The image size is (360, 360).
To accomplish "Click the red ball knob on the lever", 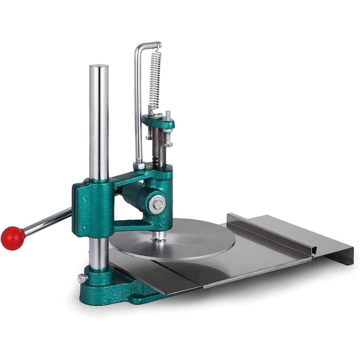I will (x=12, y=238).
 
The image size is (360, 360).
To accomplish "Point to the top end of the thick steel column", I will (x=99, y=68).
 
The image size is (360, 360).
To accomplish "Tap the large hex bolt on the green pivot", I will (x=158, y=204).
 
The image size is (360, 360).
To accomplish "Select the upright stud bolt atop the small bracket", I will (x=167, y=117).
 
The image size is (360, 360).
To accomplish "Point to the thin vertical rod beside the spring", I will (x=137, y=106).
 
